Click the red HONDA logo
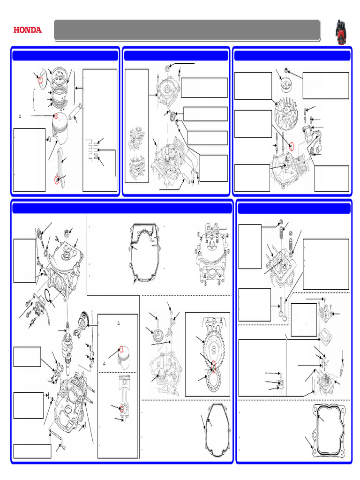27,30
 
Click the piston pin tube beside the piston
75,112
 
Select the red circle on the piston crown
56,116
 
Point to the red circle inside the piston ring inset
40,80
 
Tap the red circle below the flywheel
292,147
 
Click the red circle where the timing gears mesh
213,365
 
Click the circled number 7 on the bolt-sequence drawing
199,234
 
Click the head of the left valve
280,315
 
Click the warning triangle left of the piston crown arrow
20,116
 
